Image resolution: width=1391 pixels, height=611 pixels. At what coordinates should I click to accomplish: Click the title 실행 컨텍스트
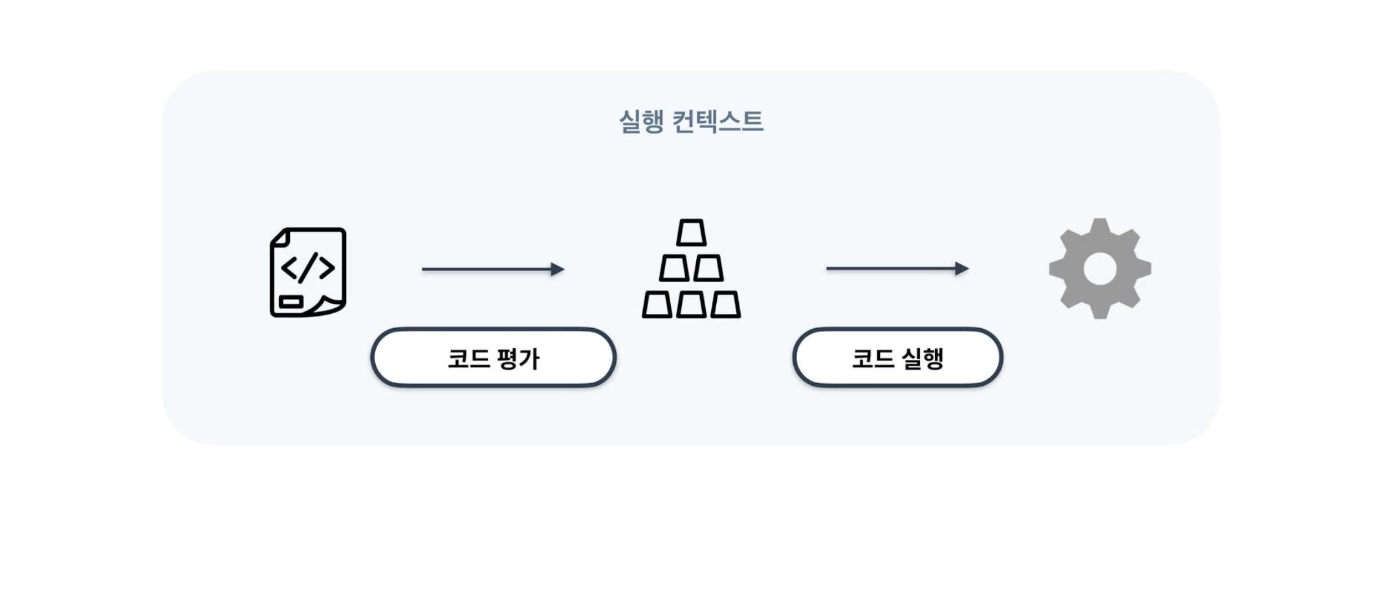point(691,121)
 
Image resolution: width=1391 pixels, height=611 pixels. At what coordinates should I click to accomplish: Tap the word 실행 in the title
point(641,121)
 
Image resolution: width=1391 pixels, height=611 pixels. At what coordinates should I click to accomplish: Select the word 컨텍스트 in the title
point(717,121)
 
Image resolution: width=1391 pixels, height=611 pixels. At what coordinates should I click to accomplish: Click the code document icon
point(308,272)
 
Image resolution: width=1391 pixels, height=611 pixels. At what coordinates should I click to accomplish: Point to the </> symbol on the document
point(308,267)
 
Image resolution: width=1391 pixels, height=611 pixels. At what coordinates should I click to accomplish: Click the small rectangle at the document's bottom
point(291,302)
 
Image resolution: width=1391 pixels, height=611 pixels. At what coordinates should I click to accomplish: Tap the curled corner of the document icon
point(331,306)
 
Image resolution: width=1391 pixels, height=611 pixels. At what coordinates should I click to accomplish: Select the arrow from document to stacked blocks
point(492,269)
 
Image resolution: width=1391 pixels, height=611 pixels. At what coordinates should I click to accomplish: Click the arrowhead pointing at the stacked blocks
point(558,269)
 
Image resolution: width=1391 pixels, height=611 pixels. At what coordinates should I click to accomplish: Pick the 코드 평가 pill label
point(493,357)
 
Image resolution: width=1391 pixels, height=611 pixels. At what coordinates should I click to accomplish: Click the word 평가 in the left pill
point(518,358)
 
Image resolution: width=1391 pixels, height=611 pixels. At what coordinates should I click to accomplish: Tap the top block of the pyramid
point(691,232)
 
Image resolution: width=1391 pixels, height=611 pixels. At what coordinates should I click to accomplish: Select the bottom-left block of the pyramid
point(657,304)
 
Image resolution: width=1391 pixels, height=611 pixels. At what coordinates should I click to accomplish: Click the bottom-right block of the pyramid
point(725,304)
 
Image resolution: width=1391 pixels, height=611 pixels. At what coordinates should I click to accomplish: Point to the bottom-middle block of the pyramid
point(691,304)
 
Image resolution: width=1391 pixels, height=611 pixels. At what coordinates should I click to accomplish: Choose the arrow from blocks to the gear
point(897,269)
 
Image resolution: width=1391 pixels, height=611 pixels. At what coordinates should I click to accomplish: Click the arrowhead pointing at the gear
point(962,269)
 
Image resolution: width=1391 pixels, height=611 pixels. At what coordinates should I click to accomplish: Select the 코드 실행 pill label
point(897,357)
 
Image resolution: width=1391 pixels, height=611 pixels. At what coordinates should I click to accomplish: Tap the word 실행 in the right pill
point(921,358)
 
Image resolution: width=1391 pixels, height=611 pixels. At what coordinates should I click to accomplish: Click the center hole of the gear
point(1100,269)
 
